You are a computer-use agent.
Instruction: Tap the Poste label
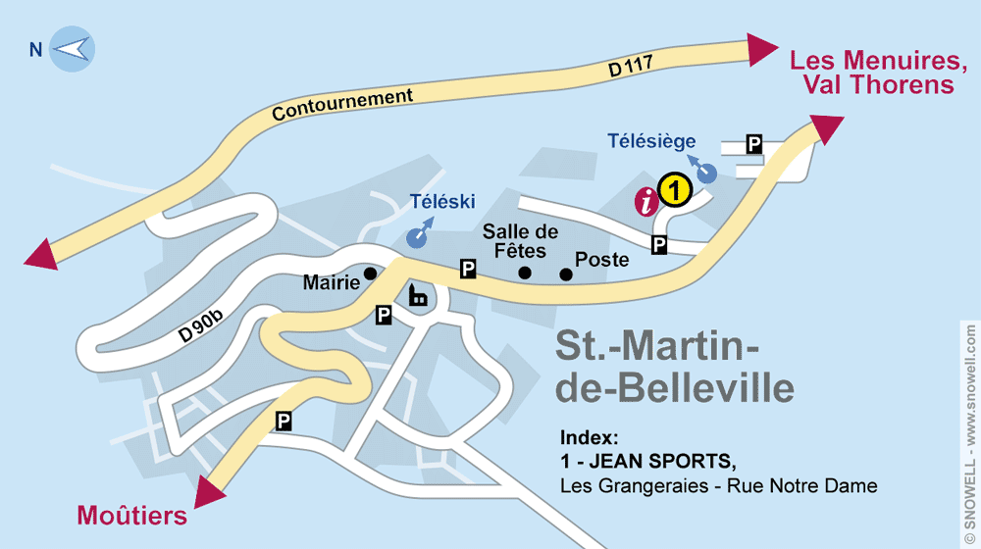(x=602, y=260)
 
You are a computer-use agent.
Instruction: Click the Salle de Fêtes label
(x=520, y=241)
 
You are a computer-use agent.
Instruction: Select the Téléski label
(x=442, y=202)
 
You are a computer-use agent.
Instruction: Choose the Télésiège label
(x=651, y=142)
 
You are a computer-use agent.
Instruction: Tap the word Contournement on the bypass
(x=342, y=105)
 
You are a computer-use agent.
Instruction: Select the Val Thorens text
(x=878, y=85)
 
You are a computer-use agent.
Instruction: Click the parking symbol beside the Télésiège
(x=753, y=144)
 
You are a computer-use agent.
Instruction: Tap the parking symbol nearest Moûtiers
(x=284, y=422)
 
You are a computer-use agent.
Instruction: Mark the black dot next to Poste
(x=566, y=274)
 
